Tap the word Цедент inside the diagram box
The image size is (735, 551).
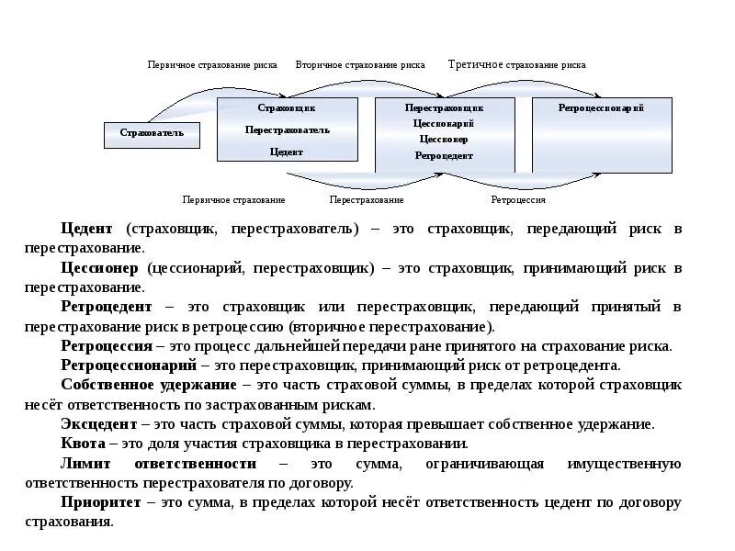[x=287, y=152]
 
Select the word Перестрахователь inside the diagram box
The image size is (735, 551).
[x=287, y=129]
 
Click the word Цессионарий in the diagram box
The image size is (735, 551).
[x=444, y=123]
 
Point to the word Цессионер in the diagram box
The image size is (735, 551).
[x=444, y=140]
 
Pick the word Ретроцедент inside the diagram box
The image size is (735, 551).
[x=444, y=156]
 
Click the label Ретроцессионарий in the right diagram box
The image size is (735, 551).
[x=601, y=108]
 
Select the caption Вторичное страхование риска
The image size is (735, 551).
[x=360, y=65]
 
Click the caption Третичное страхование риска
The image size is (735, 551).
[x=516, y=65]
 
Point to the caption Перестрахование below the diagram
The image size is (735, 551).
[x=367, y=199]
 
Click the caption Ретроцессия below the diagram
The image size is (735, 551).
[x=518, y=199]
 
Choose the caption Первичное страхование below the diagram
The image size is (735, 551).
[x=233, y=199]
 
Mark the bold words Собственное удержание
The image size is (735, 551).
[x=148, y=385]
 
